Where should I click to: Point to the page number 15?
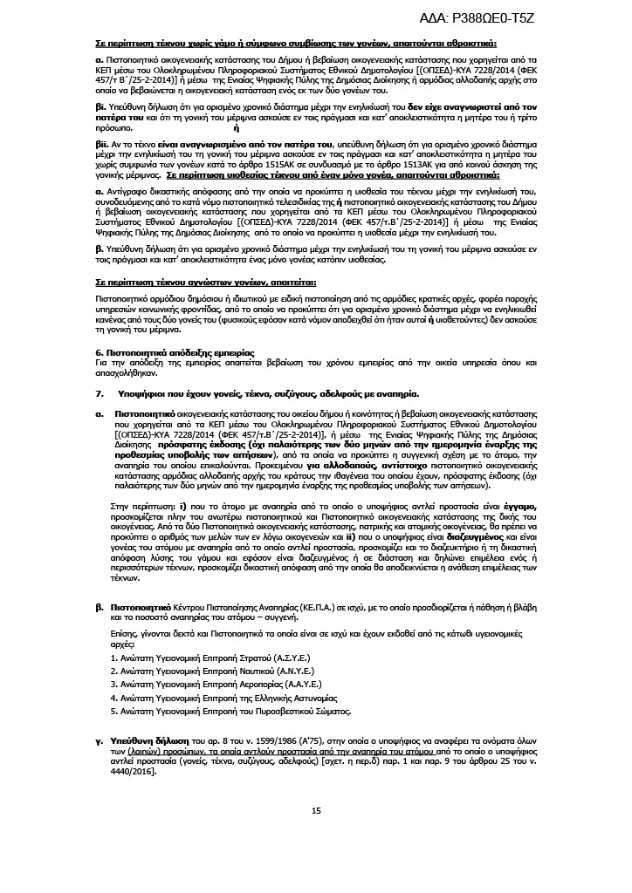(316, 811)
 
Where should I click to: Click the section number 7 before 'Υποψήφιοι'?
(99, 393)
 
